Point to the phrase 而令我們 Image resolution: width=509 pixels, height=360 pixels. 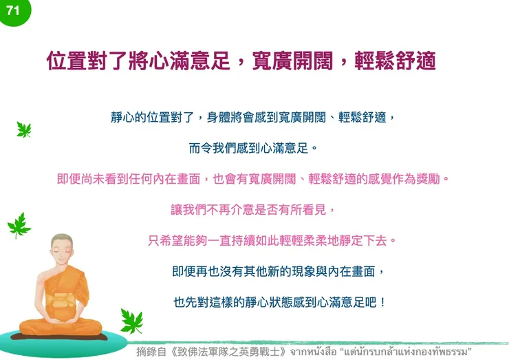click(210, 148)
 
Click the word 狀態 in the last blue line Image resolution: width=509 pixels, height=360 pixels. click(281, 301)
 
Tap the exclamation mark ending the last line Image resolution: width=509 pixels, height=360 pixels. click(382, 301)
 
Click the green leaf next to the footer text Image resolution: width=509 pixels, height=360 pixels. click(131, 320)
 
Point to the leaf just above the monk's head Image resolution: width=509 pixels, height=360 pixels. click(19, 224)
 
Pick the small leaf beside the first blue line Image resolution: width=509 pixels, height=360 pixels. click(24, 129)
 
